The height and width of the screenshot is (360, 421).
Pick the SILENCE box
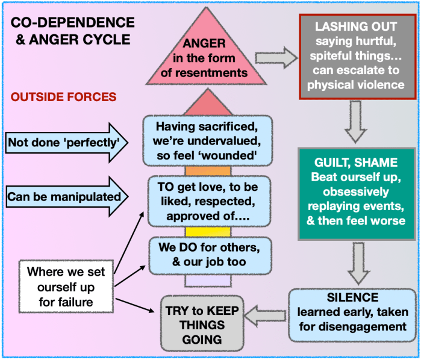click(x=354, y=311)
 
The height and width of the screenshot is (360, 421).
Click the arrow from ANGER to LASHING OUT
click(x=275, y=58)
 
